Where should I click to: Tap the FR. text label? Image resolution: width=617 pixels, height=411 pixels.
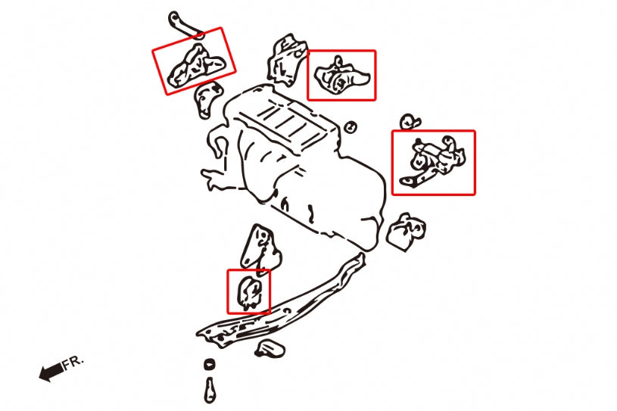pos(73,362)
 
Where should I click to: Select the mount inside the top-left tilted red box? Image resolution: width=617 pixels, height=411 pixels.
pos(197,66)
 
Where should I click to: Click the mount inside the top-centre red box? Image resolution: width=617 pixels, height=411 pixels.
pos(341,76)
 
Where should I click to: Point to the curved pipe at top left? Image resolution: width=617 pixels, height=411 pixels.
pos(186,26)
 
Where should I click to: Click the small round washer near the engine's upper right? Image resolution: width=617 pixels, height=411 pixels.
pos(351,127)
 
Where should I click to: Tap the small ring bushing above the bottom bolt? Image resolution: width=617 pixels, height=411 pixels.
pos(210,365)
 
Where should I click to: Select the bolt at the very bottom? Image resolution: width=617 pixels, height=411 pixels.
pos(210,390)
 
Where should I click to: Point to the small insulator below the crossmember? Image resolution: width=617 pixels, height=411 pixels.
pos(270,349)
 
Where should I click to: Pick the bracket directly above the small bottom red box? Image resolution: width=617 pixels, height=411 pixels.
pos(260,250)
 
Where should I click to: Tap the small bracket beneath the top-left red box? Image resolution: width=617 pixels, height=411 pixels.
pos(207,99)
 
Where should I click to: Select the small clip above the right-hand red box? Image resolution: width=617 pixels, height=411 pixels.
pos(410,122)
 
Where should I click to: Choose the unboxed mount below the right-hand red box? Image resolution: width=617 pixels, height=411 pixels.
pos(407,232)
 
